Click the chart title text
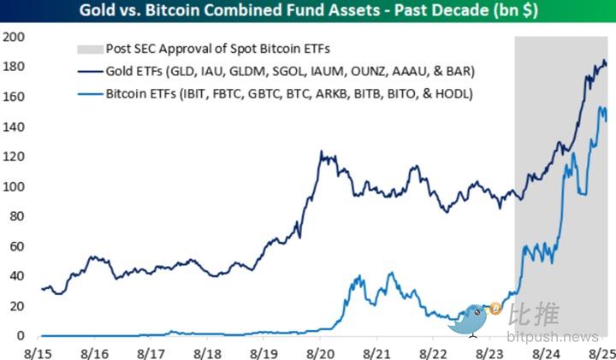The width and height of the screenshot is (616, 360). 307,11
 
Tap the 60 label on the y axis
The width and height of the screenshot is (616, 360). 16,247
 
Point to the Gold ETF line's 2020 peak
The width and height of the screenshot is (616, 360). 321,152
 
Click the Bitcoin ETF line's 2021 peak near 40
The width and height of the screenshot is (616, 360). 390,274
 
